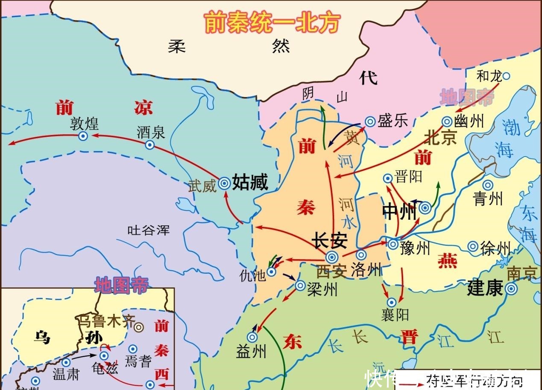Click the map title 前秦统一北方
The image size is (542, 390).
[272, 22]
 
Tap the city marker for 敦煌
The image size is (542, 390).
[83, 136]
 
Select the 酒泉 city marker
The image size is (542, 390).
[149, 145]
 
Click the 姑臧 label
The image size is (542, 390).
[250, 183]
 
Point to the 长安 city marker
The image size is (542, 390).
[332, 257]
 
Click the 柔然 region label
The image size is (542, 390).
[229, 46]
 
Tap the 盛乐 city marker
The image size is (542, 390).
[370, 121]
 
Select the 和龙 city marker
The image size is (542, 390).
[506, 76]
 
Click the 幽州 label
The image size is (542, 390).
[469, 121]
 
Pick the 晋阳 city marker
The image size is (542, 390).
[387, 178]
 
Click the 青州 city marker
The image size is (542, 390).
[488, 185]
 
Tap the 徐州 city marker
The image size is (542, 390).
[472, 246]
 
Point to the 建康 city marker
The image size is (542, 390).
[511, 289]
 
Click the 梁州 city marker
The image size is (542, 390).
[300, 286]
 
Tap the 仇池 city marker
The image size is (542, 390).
[271, 271]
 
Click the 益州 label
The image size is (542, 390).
[251, 352]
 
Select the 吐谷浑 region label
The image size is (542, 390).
[149, 230]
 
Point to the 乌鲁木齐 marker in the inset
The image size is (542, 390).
[138, 328]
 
